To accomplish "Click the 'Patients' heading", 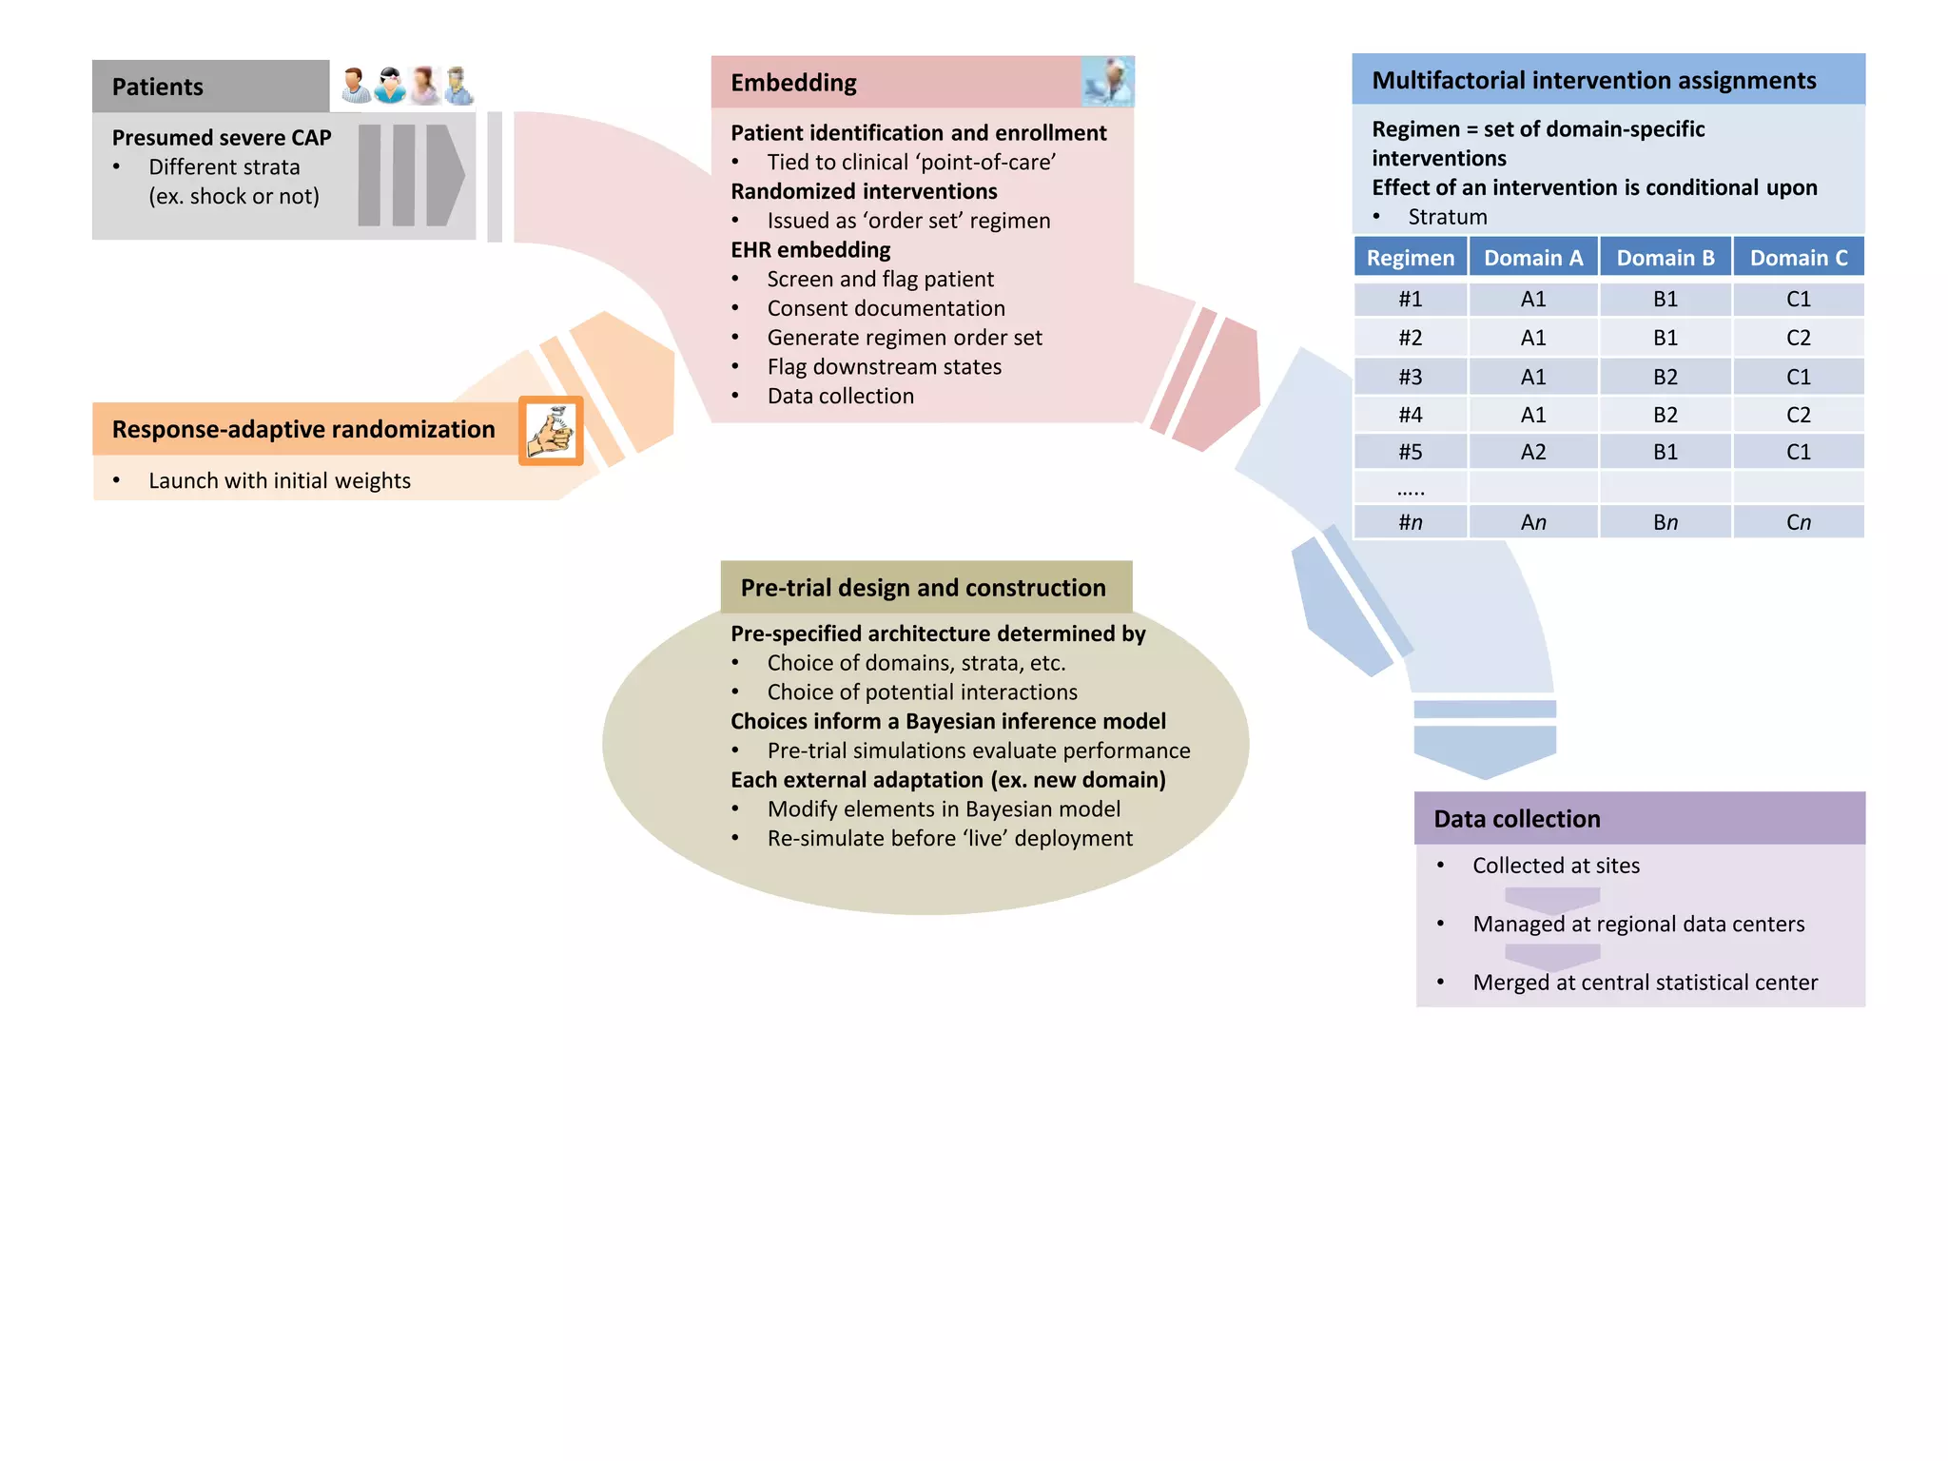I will pyautogui.click(x=158, y=87).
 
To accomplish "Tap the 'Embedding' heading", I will pyautogui.click(x=793, y=83).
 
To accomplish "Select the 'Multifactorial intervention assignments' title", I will pyautogui.click(x=1593, y=80).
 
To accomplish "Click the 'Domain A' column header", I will pyautogui.click(x=1532, y=258).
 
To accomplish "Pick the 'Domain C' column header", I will pyautogui.click(x=1798, y=258).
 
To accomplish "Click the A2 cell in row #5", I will pyautogui.click(x=1532, y=452).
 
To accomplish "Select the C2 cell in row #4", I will pyautogui.click(x=1798, y=415).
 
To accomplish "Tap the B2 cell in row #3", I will pyautogui.click(x=1665, y=377).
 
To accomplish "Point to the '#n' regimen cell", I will pyautogui.click(x=1410, y=522).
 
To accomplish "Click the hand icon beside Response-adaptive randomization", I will pyautogui.click(x=551, y=431).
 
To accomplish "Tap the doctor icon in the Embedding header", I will pyautogui.click(x=1108, y=82).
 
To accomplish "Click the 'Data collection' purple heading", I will pyautogui.click(x=1516, y=819).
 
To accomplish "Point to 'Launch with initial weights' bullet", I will pyautogui.click(x=280, y=481).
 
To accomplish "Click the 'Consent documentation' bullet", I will pyautogui.click(x=886, y=308).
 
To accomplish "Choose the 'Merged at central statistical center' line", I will pyautogui.click(x=1645, y=983).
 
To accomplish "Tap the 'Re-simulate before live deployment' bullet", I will pyautogui.click(x=949, y=838).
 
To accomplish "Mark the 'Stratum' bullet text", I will pyautogui.click(x=1447, y=217).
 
